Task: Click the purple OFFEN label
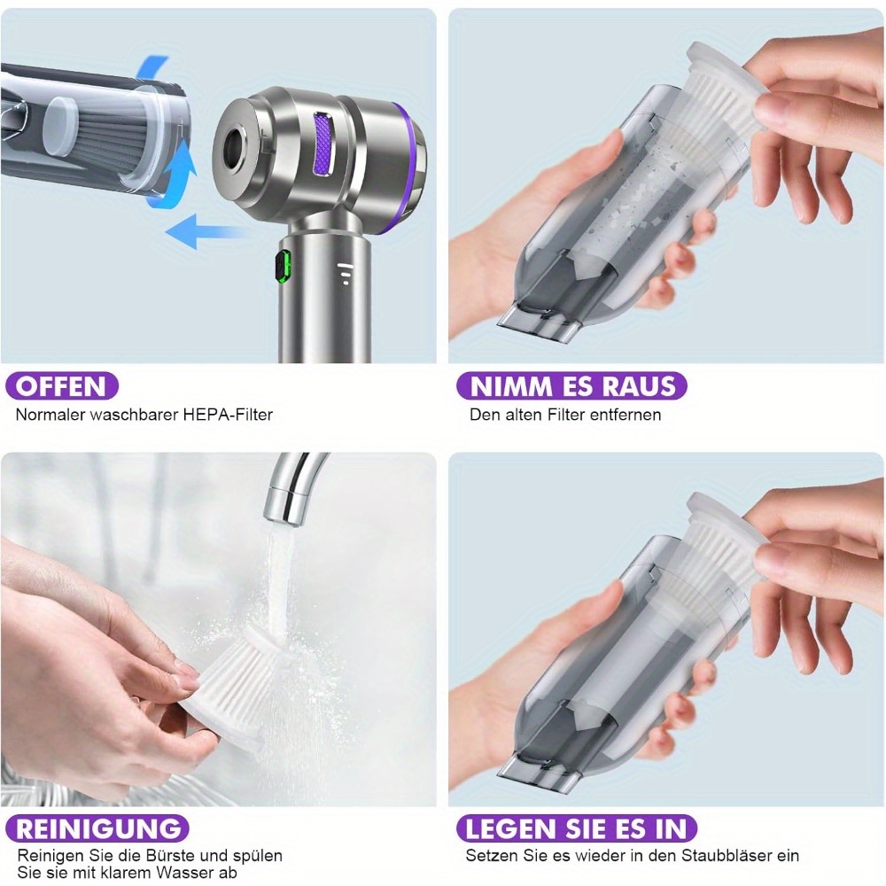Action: [62, 386]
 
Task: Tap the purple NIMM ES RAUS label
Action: [571, 386]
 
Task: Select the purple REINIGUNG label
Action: [97, 829]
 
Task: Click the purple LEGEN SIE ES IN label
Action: [577, 829]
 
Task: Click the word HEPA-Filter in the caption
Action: [228, 415]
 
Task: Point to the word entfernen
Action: [625, 415]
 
